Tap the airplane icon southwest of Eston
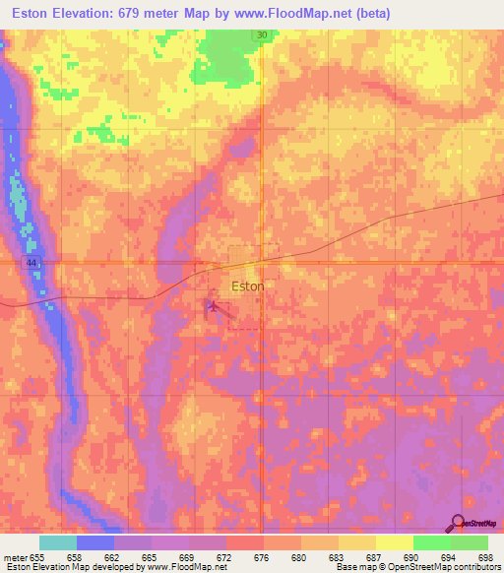[211, 307]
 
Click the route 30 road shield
[261, 35]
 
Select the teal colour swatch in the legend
[58, 542]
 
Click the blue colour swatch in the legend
[95, 542]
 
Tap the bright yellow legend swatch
[394, 542]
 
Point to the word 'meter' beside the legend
[17, 557]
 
